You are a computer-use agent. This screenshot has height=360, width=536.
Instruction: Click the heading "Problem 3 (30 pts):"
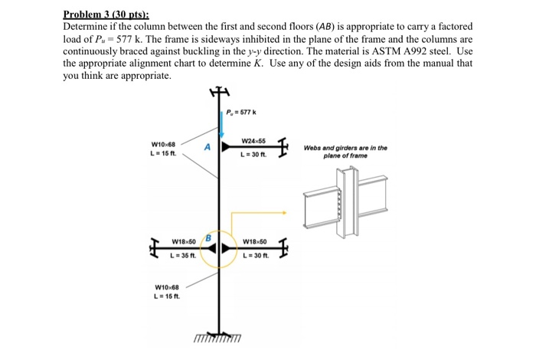click(x=106, y=14)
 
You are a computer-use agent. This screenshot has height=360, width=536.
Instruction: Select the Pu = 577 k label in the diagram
click(x=241, y=113)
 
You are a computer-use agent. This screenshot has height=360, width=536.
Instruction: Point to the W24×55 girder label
click(x=253, y=142)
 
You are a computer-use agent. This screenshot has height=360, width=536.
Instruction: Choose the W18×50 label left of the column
click(x=184, y=242)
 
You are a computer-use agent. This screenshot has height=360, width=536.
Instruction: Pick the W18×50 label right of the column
click(x=254, y=242)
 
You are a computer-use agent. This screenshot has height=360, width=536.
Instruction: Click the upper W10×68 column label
click(x=164, y=144)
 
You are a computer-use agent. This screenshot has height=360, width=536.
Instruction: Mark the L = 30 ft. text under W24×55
click(x=253, y=155)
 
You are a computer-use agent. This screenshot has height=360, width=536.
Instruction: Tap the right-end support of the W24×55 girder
click(x=284, y=147)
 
